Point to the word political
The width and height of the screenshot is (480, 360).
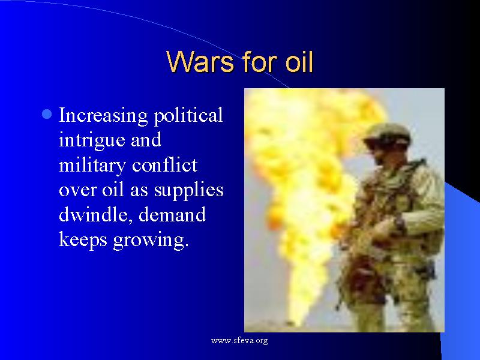pos(188,115)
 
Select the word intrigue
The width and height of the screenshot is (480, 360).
pos(88,140)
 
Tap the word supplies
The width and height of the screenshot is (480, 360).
pos(188,190)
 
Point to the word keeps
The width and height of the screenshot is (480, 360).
pos(81,239)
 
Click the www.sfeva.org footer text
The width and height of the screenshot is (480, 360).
pos(239,341)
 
